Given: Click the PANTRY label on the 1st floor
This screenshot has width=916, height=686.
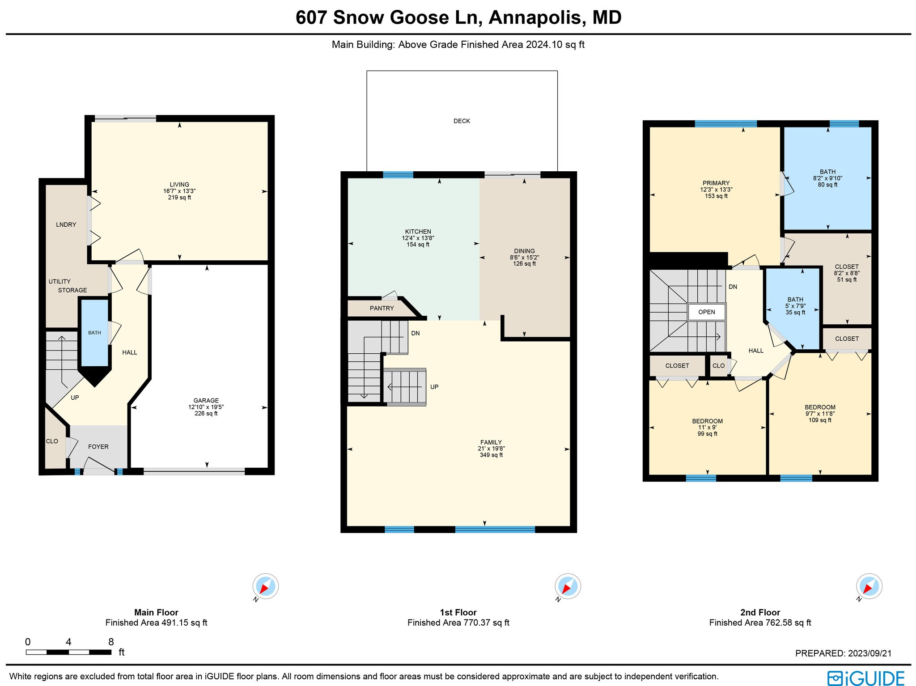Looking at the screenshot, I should point(382,308).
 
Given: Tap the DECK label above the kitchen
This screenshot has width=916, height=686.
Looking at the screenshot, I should point(462,121).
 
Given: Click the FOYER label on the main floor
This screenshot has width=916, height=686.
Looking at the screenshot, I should point(98,447).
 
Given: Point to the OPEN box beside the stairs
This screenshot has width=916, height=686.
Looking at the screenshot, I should point(706,312).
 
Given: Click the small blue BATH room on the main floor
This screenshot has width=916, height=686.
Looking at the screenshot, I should point(94,333).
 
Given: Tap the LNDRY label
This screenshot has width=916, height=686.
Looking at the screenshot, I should point(66,224).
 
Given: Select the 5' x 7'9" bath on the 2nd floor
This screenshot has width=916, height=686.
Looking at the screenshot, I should point(795,306).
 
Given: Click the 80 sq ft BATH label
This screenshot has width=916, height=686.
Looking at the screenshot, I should point(827,178).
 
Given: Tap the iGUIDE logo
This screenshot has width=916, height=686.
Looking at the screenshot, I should point(865,678).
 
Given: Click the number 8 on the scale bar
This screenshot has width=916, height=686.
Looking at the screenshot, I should point(111,642).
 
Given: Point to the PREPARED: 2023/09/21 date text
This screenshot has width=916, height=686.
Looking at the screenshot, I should point(843,653).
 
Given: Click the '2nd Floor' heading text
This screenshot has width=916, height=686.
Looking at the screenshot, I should point(759,612).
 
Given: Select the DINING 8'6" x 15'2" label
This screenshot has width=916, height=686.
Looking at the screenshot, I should point(524,257).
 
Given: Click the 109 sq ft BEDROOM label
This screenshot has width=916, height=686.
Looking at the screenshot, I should point(819,413).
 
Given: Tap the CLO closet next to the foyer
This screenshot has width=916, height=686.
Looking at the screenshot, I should point(52,441).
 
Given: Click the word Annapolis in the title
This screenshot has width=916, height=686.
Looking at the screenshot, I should point(536,18).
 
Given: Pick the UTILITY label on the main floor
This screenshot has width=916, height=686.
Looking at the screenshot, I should point(59,281).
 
